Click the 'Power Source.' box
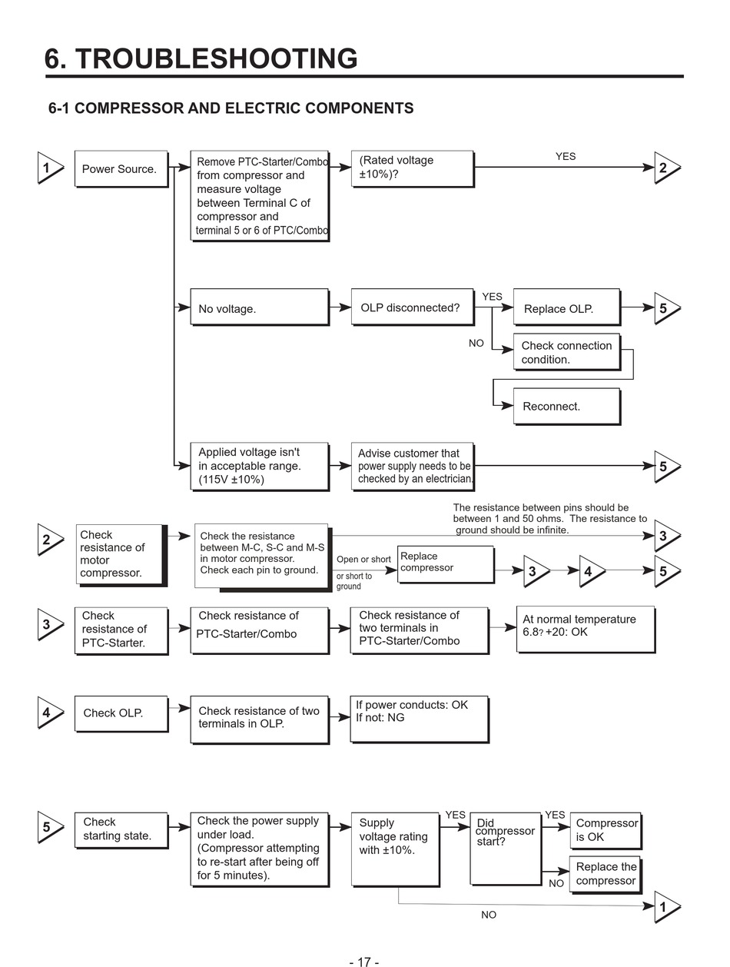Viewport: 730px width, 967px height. (x=121, y=169)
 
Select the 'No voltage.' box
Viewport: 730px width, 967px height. (x=260, y=307)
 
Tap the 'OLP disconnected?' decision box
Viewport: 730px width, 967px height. (x=413, y=307)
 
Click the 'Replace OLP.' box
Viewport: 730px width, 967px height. (x=566, y=307)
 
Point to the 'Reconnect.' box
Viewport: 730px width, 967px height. (x=566, y=406)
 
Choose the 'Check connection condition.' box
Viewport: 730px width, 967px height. (x=566, y=352)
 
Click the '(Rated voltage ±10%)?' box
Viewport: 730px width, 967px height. (x=413, y=169)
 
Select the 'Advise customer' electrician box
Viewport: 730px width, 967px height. (x=413, y=466)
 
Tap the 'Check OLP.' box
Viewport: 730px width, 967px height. (x=121, y=714)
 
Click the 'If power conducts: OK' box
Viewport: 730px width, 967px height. (x=420, y=719)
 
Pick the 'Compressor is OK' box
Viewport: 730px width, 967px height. (x=606, y=830)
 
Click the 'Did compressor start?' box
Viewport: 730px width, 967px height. (x=506, y=849)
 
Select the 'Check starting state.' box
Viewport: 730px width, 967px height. (x=121, y=830)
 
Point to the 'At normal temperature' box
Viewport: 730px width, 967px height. (x=586, y=630)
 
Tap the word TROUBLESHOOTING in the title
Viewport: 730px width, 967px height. (x=216, y=58)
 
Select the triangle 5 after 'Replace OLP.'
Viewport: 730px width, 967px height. (x=667, y=308)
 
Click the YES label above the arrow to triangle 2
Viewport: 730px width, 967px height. (x=566, y=156)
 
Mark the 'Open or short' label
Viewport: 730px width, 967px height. (x=363, y=559)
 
